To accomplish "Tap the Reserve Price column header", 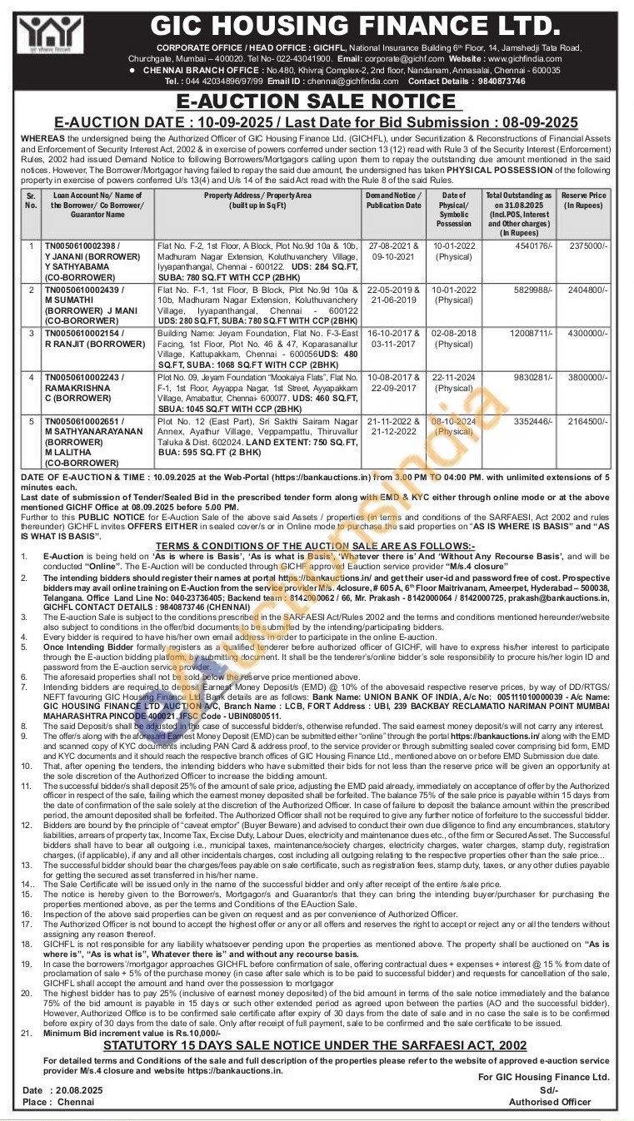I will [x=585, y=200].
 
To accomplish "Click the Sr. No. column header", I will [x=32, y=200].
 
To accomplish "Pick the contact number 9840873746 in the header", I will [x=502, y=82].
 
